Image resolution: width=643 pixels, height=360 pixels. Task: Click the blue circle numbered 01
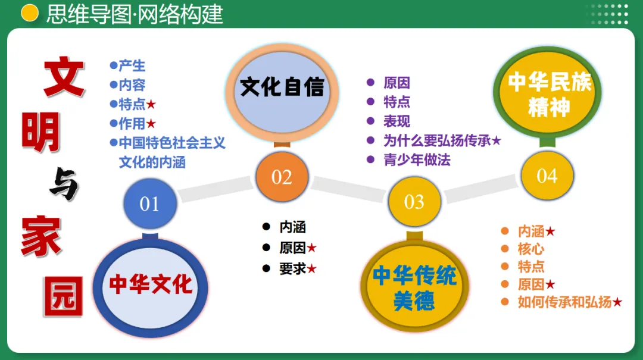coord(149,204)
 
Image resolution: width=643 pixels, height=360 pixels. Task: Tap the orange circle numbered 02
coord(282,177)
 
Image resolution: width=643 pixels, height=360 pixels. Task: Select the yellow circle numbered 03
coord(414,202)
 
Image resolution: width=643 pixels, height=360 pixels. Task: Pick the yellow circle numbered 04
coord(547,176)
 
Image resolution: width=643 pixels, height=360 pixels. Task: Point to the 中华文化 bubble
coord(150,284)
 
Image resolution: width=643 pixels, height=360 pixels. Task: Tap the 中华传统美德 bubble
coord(414,288)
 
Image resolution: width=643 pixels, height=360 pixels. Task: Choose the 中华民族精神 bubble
coord(549,94)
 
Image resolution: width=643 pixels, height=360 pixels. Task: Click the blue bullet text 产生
coord(132,65)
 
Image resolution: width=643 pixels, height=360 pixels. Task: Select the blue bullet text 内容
coord(132,85)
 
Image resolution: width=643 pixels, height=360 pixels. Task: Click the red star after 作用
coord(151,124)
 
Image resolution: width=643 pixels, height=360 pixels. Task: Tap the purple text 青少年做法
coord(417,159)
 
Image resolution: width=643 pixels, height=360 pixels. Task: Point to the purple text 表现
coord(397,121)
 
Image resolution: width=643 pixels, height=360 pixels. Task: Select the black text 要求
coord(292,268)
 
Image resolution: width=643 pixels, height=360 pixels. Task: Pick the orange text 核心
coord(530,249)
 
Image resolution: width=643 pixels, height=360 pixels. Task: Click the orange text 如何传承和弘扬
coord(564,302)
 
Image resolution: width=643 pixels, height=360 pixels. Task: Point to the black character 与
coord(63,186)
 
